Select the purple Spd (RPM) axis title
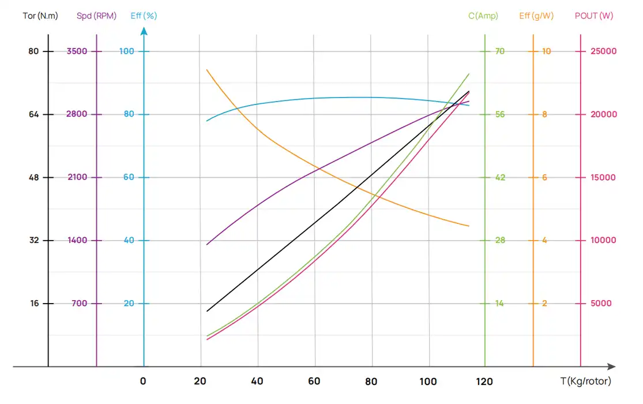96,16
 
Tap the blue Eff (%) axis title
144,16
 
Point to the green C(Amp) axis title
483,16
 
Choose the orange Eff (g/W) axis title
536,16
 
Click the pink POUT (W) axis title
594,16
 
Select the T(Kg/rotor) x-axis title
585,381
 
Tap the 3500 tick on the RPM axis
77,51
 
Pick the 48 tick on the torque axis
33,177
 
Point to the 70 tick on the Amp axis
499,51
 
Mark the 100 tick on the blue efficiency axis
126,51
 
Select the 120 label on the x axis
484,381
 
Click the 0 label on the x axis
143,381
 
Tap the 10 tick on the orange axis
546,51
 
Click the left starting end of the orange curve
206,70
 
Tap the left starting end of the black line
206,311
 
